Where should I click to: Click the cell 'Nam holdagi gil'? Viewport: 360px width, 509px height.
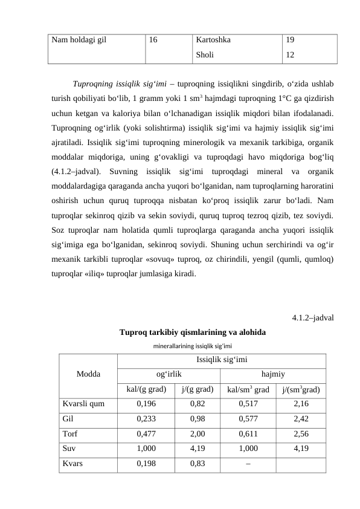tap(79, 41)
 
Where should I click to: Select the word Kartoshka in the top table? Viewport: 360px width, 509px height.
tap(213, 41)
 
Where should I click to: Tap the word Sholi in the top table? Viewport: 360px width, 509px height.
tap(205, 54)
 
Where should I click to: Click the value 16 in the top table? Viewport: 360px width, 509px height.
tap(154, 41)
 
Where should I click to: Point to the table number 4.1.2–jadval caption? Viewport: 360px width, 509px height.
tap(313, 318)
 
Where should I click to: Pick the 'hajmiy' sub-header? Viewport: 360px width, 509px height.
tap(274, 374)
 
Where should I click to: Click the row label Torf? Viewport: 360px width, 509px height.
tap(69, 433)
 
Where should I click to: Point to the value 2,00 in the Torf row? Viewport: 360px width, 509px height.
tap(197, 433)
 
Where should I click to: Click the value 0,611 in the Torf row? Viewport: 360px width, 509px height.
tap(248, 433)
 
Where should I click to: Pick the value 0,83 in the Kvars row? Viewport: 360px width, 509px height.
tap(197, 464)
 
